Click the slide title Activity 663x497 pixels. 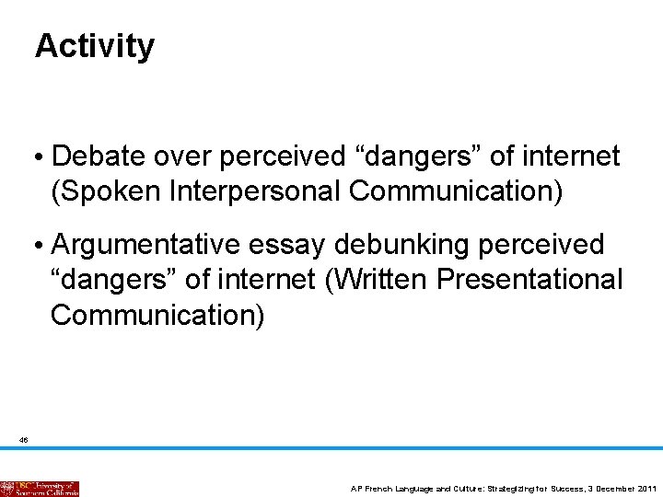[x=95, y=45]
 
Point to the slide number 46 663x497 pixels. [x=24, y=441]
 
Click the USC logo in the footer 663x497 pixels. [x=40, y=489]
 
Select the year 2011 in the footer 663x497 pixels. [x=646, y=489]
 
